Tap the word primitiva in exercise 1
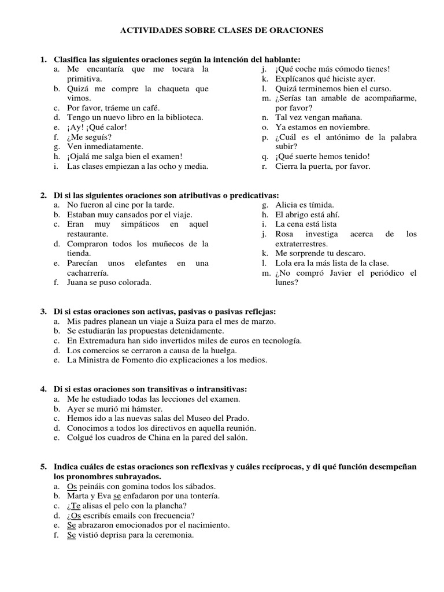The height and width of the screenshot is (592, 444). pos(84,79)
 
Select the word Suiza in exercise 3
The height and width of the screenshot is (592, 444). pos(176,321)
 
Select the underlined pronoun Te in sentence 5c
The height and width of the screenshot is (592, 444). pos(75,506)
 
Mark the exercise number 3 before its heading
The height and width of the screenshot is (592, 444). pos(43,311)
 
